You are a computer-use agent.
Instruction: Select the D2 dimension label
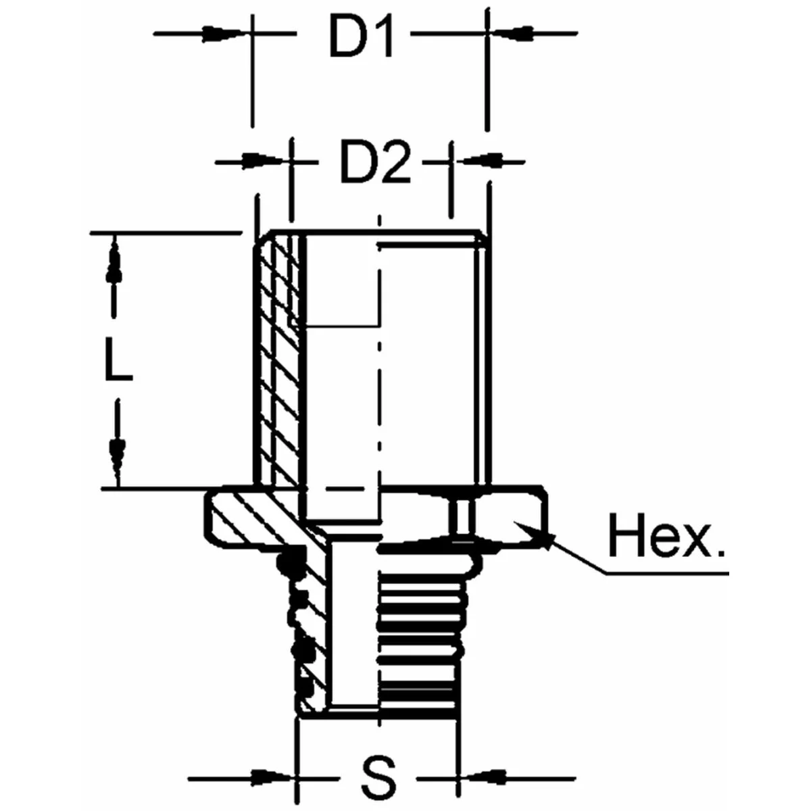pos(374,164)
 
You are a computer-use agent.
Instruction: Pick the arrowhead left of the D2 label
pos(263,161)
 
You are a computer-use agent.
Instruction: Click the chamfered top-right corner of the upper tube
pos(481,237)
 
